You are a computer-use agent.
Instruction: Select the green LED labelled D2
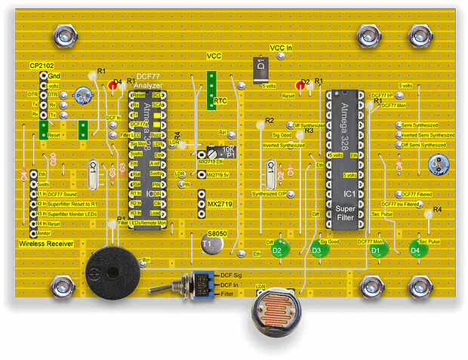click(x=277, y=248)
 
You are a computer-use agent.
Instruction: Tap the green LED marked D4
click(x=415, y=249)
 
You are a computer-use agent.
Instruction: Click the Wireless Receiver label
click(x=45, y=245)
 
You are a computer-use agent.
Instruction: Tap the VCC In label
click(x=281, y=48)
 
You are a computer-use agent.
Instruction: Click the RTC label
click(x=220, y=100)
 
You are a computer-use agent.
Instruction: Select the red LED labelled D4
click(x=113, y=87)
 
